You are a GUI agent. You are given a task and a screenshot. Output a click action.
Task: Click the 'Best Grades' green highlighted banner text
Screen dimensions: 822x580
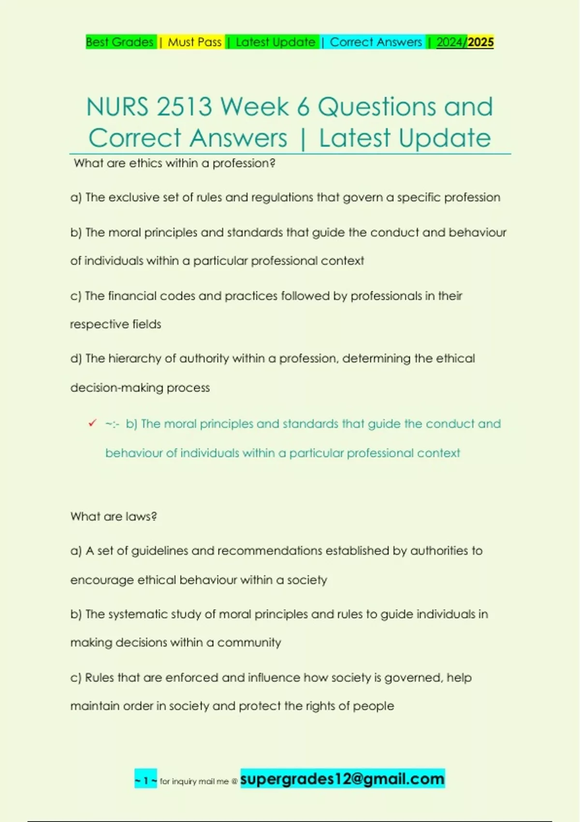tap(120, 42)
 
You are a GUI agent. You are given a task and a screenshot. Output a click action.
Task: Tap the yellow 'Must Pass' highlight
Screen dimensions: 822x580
tap(194, 42)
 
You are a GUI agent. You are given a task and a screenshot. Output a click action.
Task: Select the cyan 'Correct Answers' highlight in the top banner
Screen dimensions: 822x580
tap(376, 42)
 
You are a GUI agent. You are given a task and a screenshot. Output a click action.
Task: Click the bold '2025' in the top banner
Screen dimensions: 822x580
tap(480, 42)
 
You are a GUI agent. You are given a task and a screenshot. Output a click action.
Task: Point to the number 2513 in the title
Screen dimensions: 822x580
tap(184, 107)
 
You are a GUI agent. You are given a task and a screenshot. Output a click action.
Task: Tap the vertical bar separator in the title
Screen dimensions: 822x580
tap(303, 139)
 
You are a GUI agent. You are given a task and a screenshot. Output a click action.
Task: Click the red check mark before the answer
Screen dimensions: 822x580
tap(92, 423)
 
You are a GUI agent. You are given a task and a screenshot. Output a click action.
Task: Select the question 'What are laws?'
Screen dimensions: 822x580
tap(114, 516)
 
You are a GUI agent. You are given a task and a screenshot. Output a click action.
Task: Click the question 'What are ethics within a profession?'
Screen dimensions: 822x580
tap(174, 163)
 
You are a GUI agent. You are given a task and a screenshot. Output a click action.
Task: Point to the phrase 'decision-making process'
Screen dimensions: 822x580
tap(140, 388)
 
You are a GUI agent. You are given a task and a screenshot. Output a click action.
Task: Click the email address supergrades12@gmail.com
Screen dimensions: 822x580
tap(342, 779)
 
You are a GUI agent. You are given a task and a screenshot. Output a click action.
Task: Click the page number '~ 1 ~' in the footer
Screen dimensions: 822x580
tap(145, 780)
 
